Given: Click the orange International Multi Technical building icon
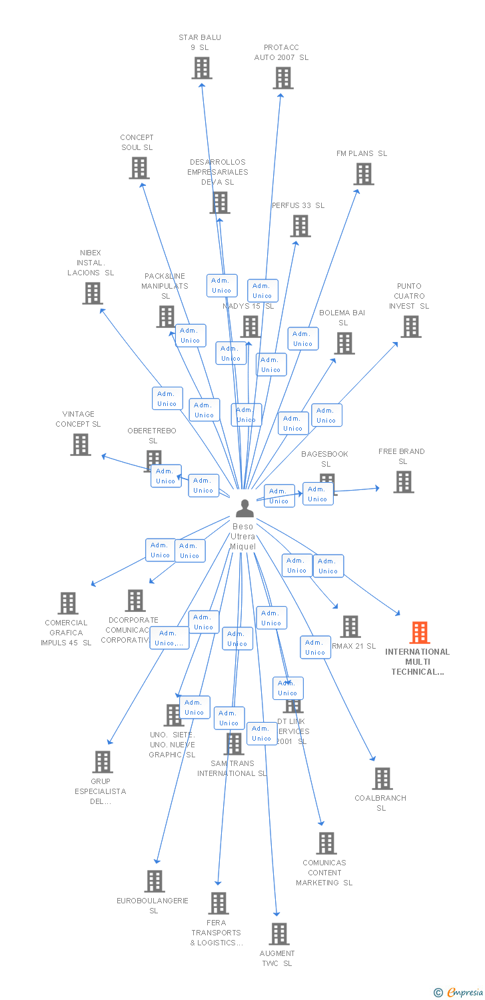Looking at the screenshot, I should pyautogui.click(x=420, y=632).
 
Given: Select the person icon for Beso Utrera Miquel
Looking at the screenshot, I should pyautogui.click(x=245, y=508).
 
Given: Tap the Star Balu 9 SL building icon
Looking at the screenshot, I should pyautogui.click(x=202, y=68).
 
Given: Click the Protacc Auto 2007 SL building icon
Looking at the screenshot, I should pyautogui.click(x=282, y=78).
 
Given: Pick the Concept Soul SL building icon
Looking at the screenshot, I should pyautogui.click(x=139, y=168).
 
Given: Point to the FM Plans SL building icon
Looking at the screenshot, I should pyautogui.click(x=363, y=174).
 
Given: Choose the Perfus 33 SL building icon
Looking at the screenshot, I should pyautogui.click(x=300, y=226).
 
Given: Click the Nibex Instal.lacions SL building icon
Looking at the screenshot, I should pyautogui.click(x=93, y=293).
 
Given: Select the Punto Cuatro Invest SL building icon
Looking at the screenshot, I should pyautogui.click(x=410, y=327).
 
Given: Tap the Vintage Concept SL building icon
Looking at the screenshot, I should pyautogui.click(x=81, y=445).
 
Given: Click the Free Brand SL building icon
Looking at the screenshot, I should pyautogui.click(x=403, y=481).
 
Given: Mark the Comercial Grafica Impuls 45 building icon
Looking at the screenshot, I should pyautogui.click(x=67, y=603).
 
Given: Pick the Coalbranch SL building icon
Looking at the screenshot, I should pyautogui.click(x=382, y=778).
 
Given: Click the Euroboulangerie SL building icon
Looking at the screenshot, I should pyautogui.click(x=155, y=881).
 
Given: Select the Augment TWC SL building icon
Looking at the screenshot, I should pyautogui.click(x=279, y=933).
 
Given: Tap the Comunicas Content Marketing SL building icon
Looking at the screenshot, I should pyautogui.click(x=326, y=843).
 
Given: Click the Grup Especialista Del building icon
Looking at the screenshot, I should pyautogui.click(x=102, y=761).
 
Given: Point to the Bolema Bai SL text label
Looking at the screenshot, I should pyautogui.click(x=342, y=317).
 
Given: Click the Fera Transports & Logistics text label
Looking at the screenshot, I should pyautogui.click(x=216, y=933).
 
